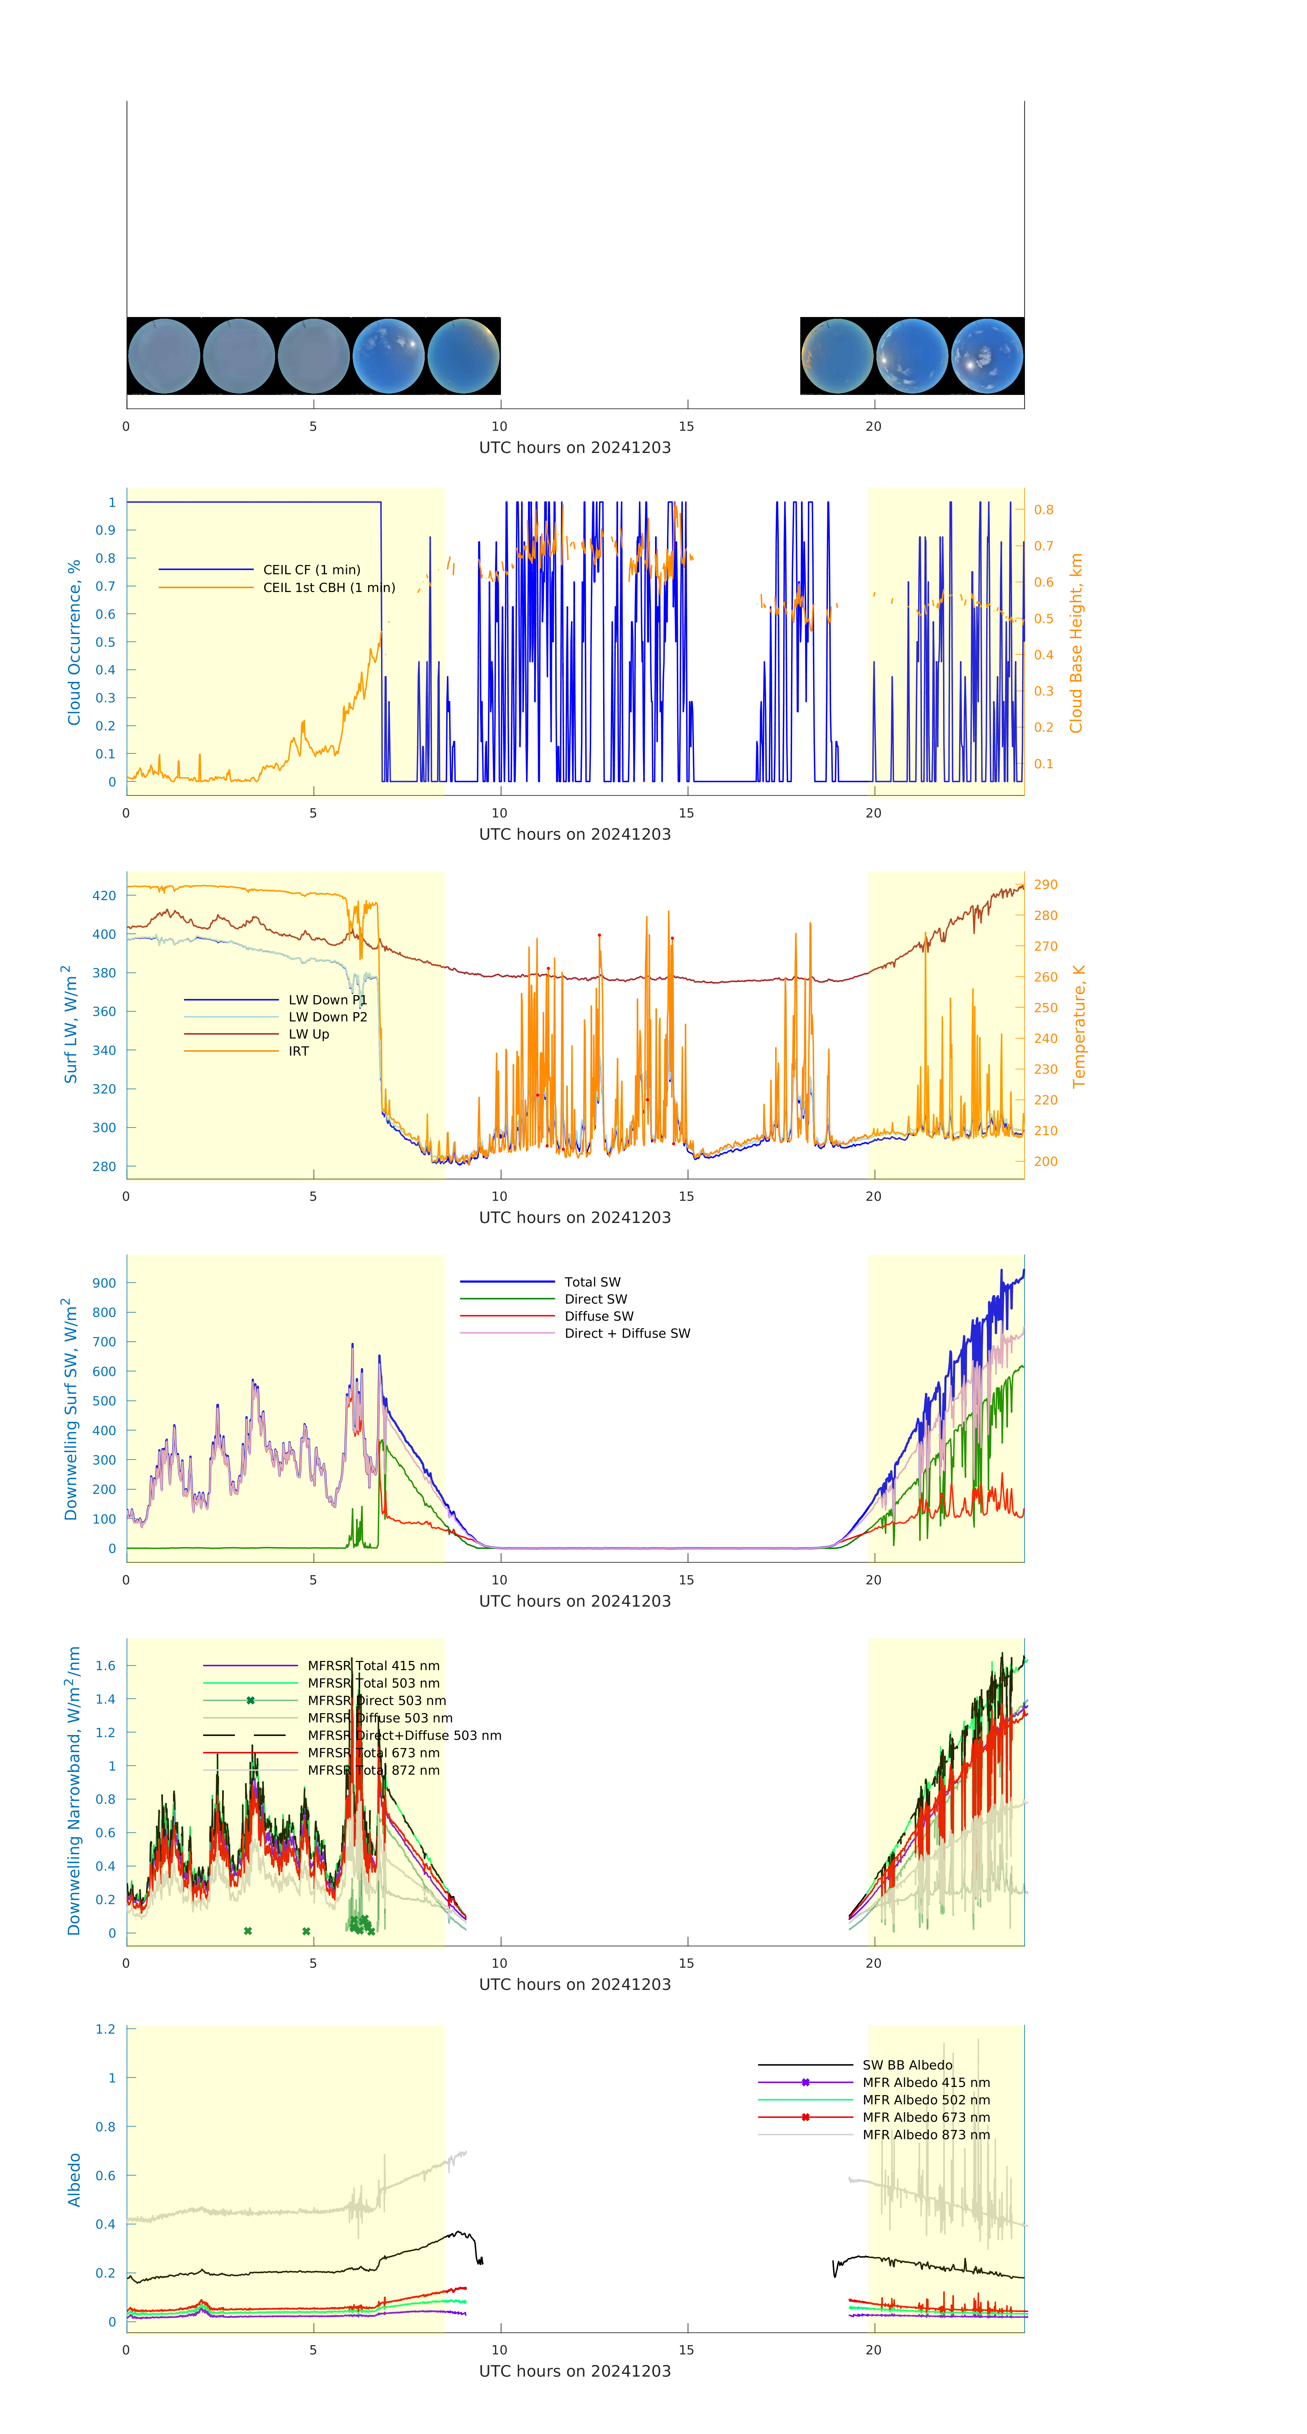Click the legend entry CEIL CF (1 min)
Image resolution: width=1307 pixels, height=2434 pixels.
click(x=311, y=570)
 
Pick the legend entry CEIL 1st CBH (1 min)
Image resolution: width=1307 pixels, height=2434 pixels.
click(x=328, y=588)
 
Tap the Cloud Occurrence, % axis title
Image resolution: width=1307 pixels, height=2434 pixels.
click(x=74, y=643)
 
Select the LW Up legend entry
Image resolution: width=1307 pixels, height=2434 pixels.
click(x=308, y=1034)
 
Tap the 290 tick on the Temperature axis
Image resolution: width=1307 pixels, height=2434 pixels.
click(x=1045, y=884)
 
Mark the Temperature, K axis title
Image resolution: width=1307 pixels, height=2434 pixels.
click(x=1078, y=1026)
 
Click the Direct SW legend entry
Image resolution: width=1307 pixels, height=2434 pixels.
click(x=595, y=1299)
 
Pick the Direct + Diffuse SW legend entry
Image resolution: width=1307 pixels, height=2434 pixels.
click(x=627, y=1333)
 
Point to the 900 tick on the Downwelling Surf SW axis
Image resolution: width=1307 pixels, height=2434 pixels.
click(x=104, y=1283)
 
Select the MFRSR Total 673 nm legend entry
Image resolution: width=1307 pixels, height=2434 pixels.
click(x=373, y=1753)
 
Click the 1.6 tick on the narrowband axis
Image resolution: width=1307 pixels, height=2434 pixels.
click(x=105, y=1666)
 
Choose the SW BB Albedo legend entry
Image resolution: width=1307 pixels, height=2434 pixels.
click(x=906, y=2065)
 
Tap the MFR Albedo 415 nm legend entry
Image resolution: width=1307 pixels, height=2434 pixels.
click(x=925, y=2082)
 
